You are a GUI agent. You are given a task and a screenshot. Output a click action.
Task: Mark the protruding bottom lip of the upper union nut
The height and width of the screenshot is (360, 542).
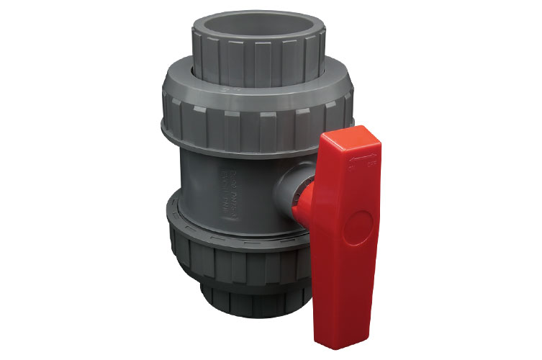coord(216,149)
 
